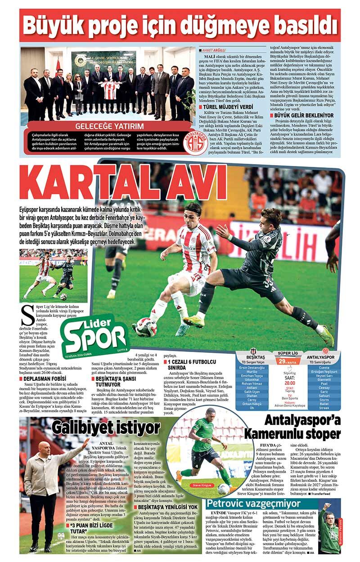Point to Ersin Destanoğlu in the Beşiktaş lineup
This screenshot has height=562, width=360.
[x=252, y=367]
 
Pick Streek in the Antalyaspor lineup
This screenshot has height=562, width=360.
[x=324, y=408]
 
